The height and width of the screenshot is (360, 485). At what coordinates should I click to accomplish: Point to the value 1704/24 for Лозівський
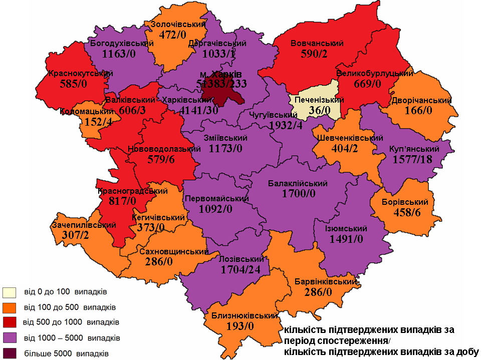pyautogui.click(x=241, y=269)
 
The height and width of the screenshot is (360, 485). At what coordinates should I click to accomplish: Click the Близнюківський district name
pyautogui.click(x=241, y=316)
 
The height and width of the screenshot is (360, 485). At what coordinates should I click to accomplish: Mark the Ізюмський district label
pyautogui.click(x=346, y=228)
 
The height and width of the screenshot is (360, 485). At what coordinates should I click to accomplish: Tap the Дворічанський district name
pyautogui.click(x=422, y=100)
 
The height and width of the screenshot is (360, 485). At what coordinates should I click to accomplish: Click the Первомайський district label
pyautogui.click(x=217, y=198)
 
